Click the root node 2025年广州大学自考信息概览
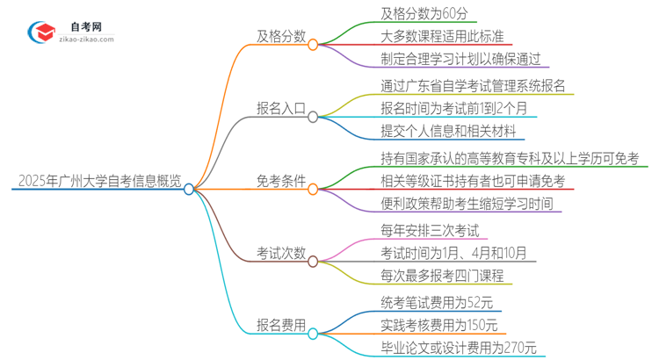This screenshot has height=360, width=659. click(x=98, y=182)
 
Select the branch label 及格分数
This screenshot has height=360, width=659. click(x=280, y=38)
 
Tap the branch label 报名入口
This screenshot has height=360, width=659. click(x=280, y=110)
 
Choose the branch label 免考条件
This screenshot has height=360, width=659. click(x=280, y=182)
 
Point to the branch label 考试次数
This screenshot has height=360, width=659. click(x=280, y=254)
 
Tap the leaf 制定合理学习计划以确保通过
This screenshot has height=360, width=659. click(x=466, y=61)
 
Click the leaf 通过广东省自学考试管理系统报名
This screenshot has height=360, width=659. click(x=478, y=86)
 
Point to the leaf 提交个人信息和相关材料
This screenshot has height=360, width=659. click(x=453, y=133)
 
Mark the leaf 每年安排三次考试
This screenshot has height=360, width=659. click(x=430, y=230)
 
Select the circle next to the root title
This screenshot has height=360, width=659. click(x=189, y=188)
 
